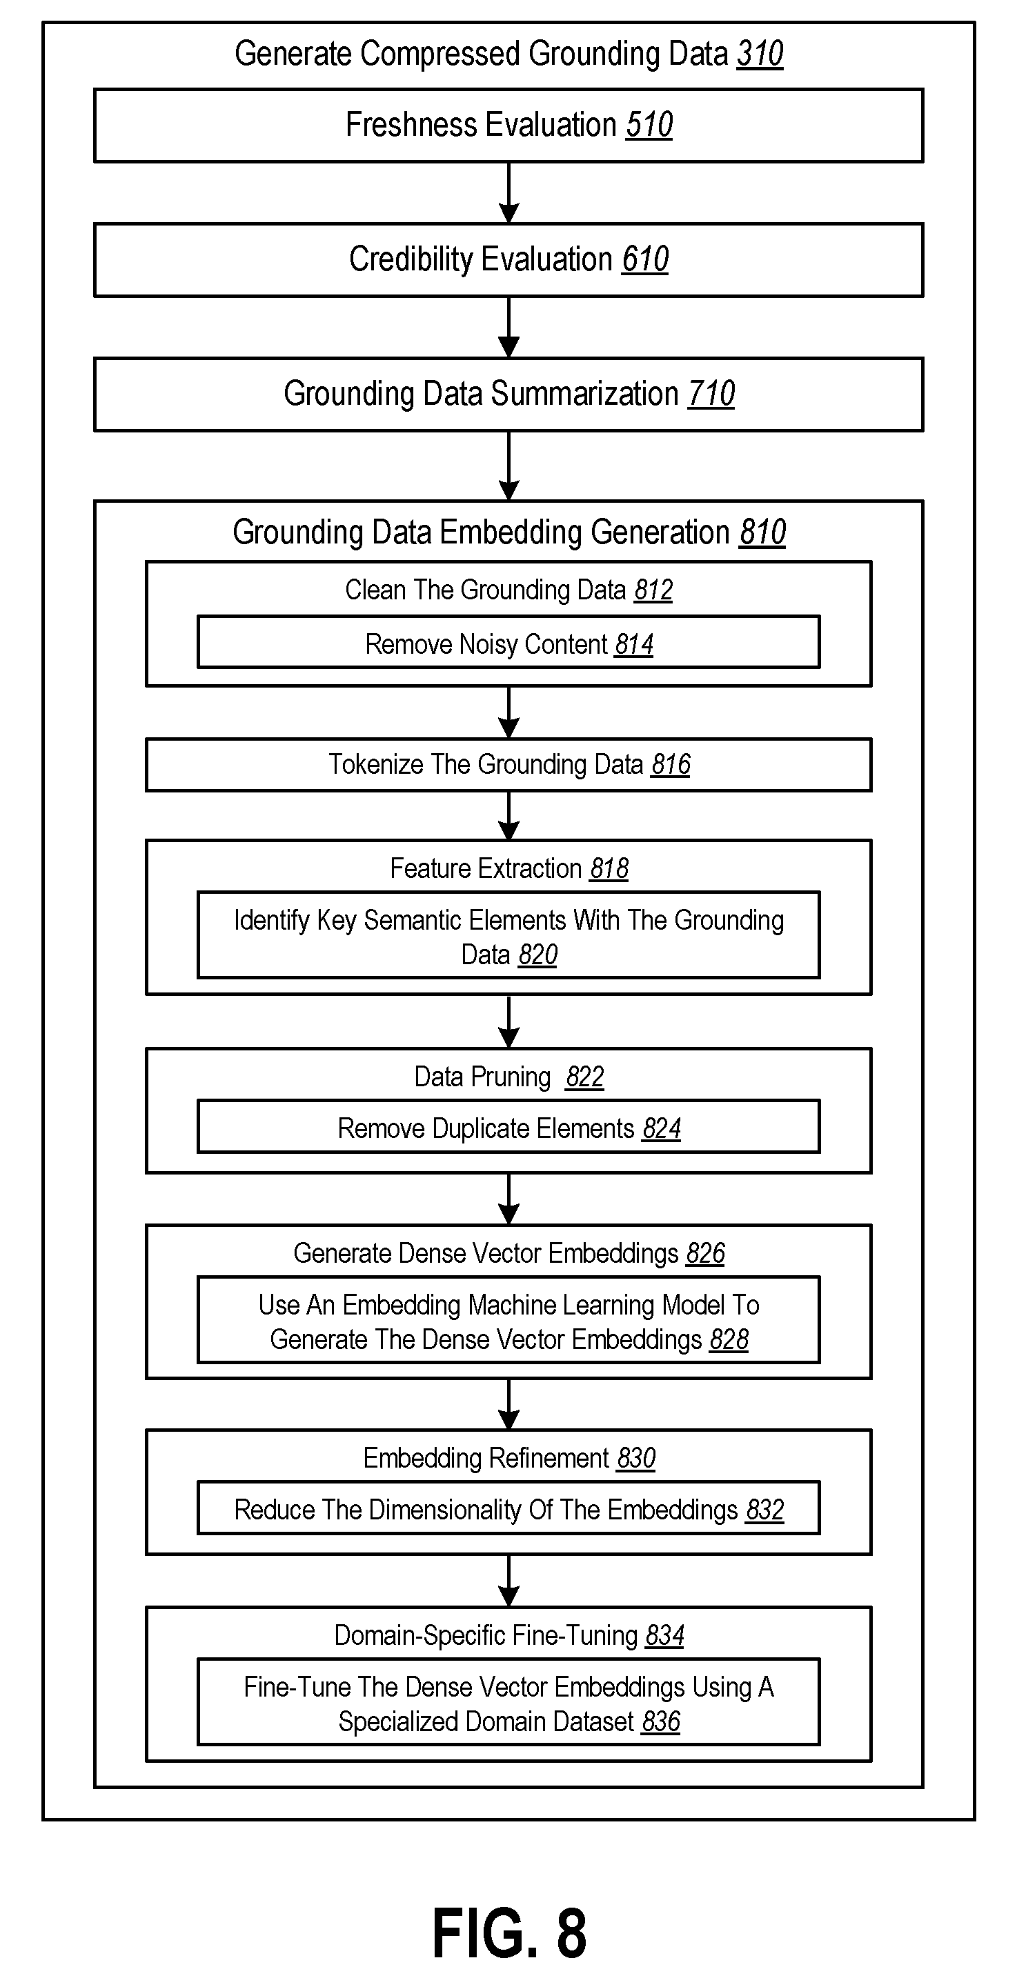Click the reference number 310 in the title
(760, 54)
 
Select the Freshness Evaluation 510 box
(508, 125)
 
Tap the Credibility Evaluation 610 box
(508, 259)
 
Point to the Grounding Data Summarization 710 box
(508, 394)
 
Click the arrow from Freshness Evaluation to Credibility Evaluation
(508, 192)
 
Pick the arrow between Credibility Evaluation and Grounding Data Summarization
(508, 327)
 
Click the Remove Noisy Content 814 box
(508, 642)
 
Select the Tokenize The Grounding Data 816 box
(508, 765)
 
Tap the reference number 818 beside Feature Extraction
(609, 868)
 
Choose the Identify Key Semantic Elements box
(508, 935)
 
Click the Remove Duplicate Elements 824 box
(508, 1126)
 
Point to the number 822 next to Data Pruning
(584, 1077)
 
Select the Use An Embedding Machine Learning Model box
(508, 1320)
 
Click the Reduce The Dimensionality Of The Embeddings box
(508, 1508)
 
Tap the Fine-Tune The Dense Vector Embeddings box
(508, 1701)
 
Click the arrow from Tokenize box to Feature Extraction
(508, 815)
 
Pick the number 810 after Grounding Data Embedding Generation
(762, 532)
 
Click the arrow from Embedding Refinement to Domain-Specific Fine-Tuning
(508, 1581)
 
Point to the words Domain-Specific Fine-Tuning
(486, 1635)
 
